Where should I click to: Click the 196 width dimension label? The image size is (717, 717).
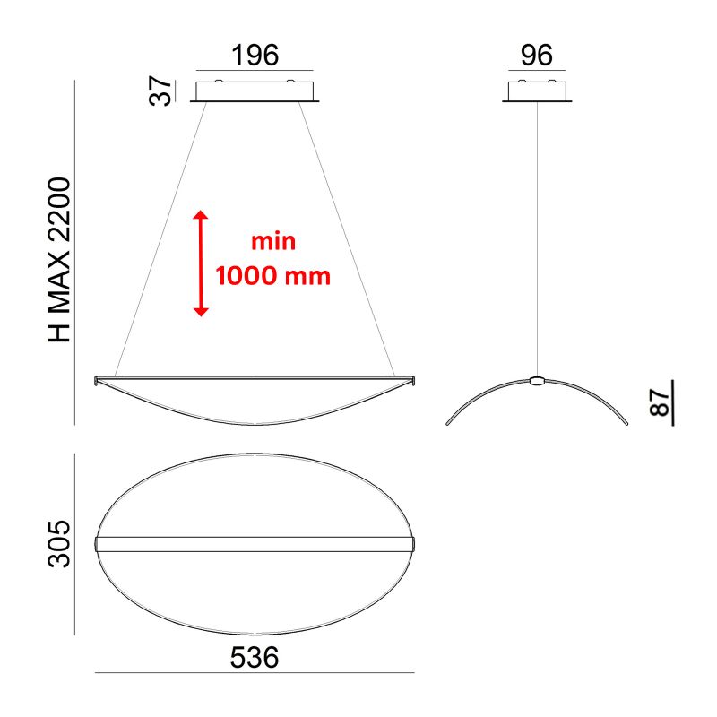255,55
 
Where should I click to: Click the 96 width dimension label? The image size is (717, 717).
536,55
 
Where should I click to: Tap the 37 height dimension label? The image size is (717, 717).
160,91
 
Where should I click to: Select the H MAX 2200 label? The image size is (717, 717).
59,260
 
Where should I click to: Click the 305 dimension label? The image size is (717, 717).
59,543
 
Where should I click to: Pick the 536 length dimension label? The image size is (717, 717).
255,657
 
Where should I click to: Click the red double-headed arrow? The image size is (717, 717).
201,263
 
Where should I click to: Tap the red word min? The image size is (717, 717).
273,242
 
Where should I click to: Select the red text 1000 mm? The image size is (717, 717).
273,275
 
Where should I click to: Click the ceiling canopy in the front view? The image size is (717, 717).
255,92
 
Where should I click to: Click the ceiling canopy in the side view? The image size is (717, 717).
536,92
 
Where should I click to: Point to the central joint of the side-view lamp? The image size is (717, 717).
536,380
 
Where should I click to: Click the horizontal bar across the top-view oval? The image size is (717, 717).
255,544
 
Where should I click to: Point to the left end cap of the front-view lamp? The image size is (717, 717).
99,381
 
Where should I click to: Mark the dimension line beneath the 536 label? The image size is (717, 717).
255,673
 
